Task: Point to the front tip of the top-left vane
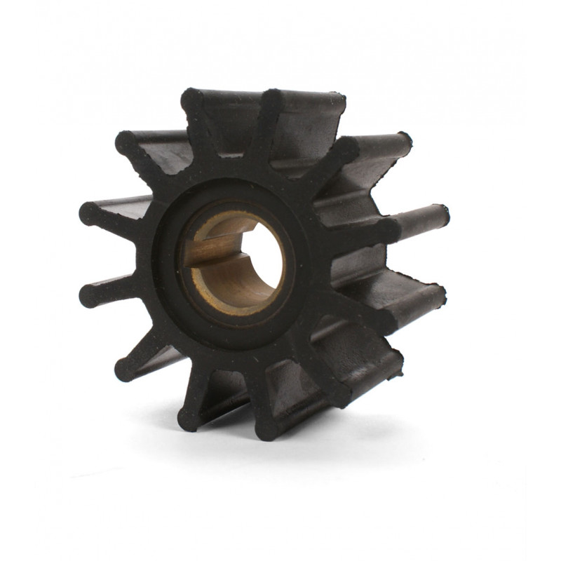pyautogui.click(x=192, y=100)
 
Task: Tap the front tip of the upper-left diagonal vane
pyautogui.click(x=127, y=143)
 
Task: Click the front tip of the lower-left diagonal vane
pyautogui.click(x=126, y=368)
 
